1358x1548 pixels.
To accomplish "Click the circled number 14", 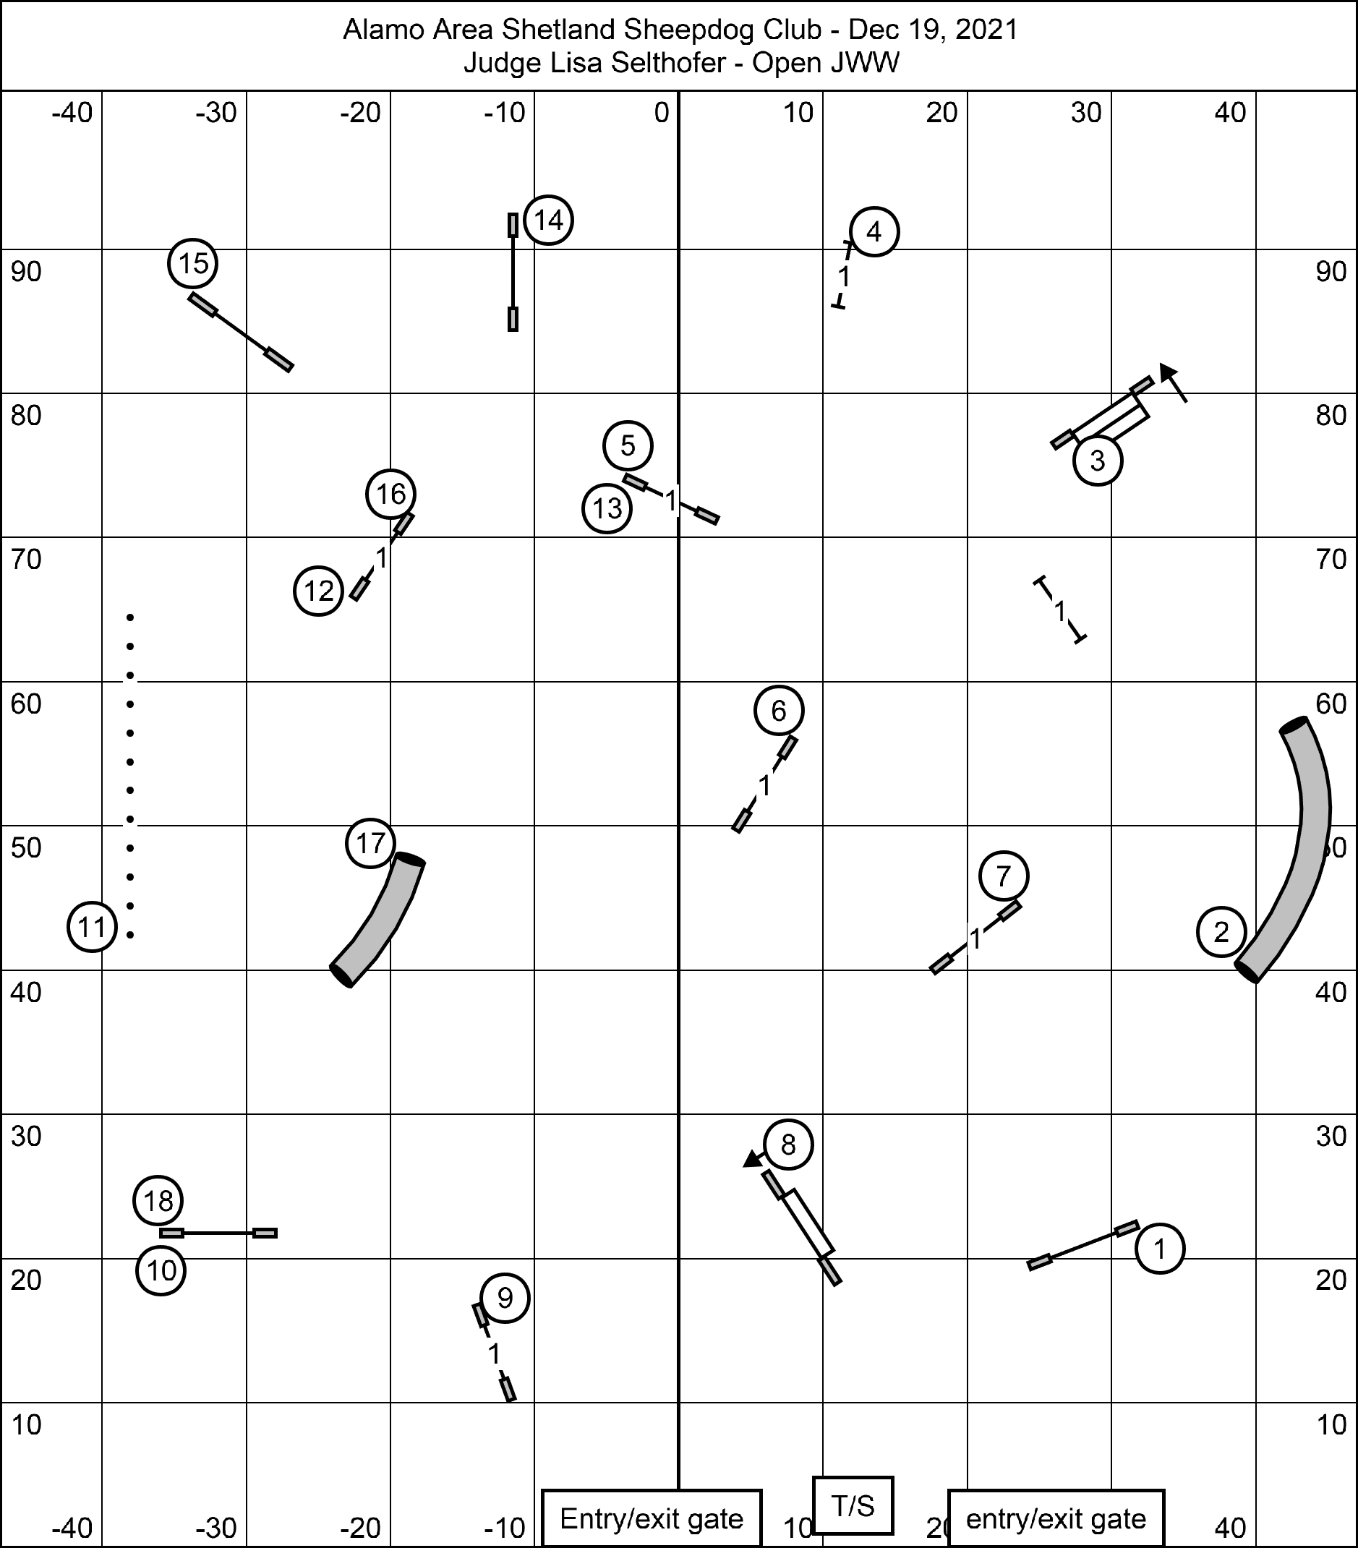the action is [548, 221].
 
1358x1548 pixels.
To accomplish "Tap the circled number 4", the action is [874, 232].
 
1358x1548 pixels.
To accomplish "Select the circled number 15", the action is [192, 264].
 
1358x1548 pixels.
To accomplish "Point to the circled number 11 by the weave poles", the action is [92, 927].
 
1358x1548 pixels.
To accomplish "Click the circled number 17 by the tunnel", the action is [370, 843].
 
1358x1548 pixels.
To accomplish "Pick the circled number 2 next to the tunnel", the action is [1221, 931].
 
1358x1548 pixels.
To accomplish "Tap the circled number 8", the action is [787, 1145].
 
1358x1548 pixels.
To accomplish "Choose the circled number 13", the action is [607, 509].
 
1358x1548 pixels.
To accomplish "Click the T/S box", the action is [853, 1505].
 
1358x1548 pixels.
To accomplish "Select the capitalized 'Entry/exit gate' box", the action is [652, 1518].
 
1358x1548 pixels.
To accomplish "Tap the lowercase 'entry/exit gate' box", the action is [1056, 1518].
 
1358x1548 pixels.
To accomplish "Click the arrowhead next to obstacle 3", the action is [1169, 372].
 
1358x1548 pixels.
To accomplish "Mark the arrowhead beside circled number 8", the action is [751, 1160].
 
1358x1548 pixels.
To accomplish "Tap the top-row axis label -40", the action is [72, 113].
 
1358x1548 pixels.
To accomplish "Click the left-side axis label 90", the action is [26, 272].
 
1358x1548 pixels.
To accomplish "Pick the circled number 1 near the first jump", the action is [1159, 1248].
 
